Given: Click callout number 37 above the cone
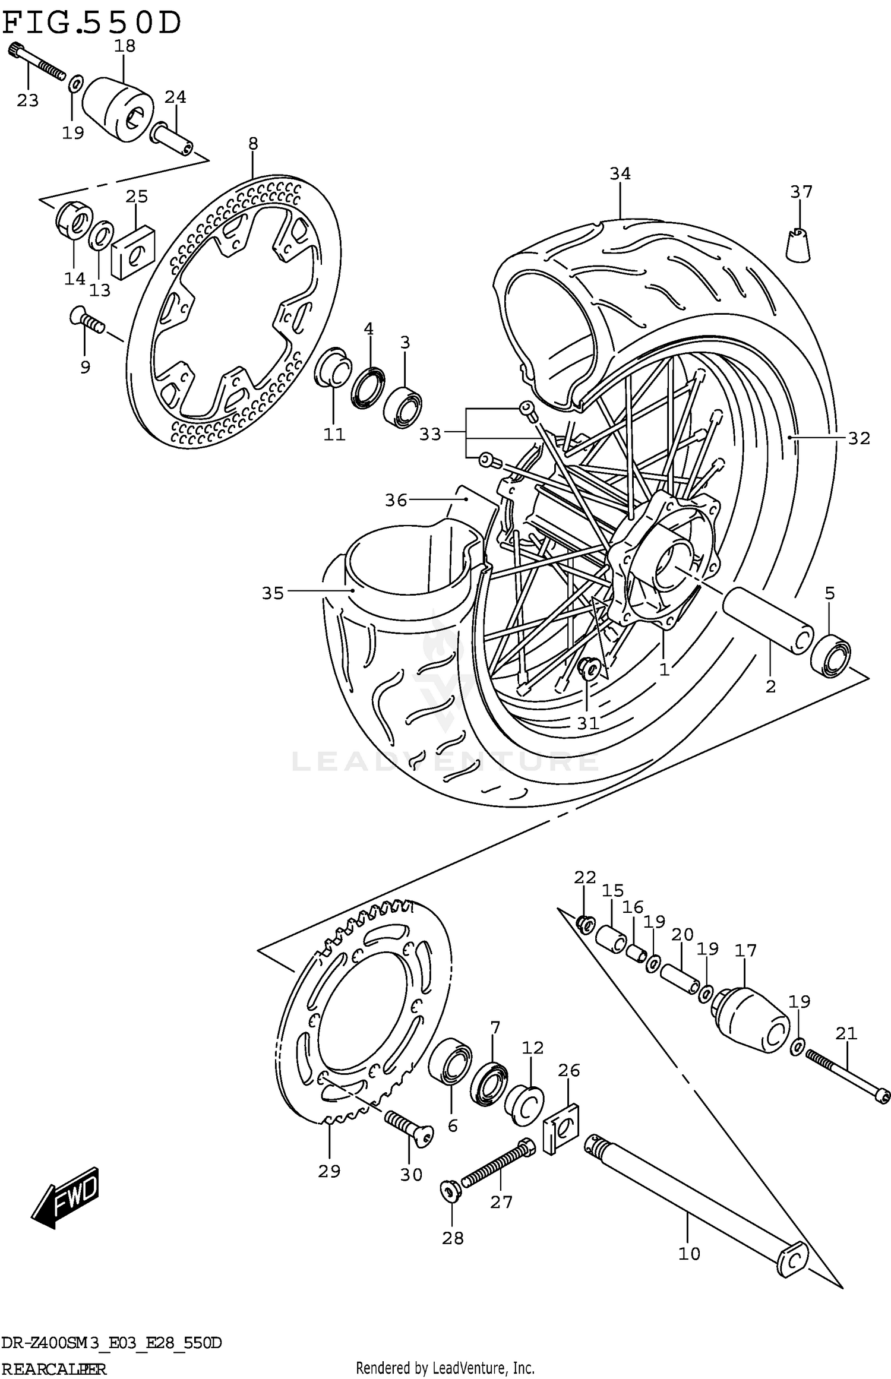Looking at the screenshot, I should (x=801, y=192).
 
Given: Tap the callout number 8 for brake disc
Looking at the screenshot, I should (x=253, y=143).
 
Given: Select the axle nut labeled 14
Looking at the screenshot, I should (x=74, y=221).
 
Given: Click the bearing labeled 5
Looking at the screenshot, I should (x=830, y=655).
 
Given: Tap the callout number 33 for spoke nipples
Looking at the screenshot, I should (x=430, y=435).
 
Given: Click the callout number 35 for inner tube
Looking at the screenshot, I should (x=273, y=593).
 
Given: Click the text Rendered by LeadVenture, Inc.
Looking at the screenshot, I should (x=445, y=1368).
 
